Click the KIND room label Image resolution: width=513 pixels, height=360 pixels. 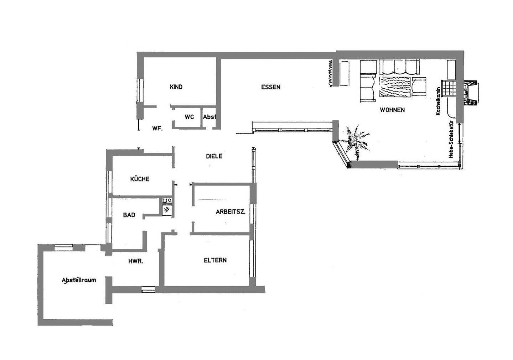pos(176,87)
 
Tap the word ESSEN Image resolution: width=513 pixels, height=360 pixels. pos(271,87)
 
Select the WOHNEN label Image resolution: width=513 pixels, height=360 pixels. pos(392,110)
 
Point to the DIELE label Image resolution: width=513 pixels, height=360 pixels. pos(214,156)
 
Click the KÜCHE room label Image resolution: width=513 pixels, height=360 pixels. pos(140,179)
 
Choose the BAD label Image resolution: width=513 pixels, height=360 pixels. pos(129,215)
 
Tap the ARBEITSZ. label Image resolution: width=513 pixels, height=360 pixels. pos(230,212)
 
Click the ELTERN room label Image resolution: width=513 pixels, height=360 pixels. pos(215,260)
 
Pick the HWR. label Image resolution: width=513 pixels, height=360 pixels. pos(136,261)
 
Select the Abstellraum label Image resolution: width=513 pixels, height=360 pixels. pos(79,280)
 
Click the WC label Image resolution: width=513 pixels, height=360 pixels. pos(189,117)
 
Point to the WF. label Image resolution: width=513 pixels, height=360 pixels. pos(157,129)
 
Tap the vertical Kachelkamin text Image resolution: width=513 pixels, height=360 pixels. pos(438,101)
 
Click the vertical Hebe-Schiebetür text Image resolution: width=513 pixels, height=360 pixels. pos(451,139)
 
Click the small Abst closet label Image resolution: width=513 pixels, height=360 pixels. pos(209,117)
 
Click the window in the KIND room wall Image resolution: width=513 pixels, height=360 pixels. pos(140,90)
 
